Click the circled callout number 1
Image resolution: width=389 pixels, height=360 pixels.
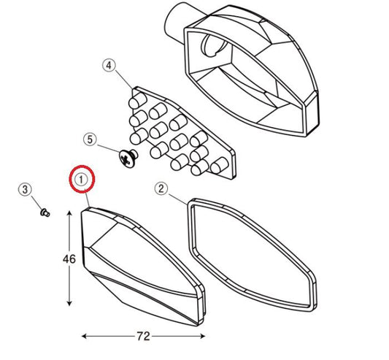pyautogui.click(x=81, y=180)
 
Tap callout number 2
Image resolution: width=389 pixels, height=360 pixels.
pyautogui.click(x=161, y=188)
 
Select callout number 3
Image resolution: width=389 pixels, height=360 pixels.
pyautogui.click(x=25, y=190)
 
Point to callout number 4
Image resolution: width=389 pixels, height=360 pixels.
pyautogui.click(x=109, y=66)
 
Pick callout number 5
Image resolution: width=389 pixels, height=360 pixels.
pyautogui.click(x=90, y=139)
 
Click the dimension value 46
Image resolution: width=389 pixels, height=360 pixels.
pyautogui.click(x=69, y=259)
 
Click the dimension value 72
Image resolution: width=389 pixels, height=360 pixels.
pyautogui.click(x=143, y=337)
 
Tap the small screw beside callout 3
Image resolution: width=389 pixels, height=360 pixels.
pyautogui.click(x=45, y=212)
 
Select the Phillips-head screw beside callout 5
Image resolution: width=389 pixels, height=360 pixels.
pyautogui.click(x=128, y=158)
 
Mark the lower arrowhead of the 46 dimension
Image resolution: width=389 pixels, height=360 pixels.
pyautogui.click(x=69, y=302)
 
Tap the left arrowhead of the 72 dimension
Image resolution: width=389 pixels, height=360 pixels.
pyautogui.click(x=85, y=337)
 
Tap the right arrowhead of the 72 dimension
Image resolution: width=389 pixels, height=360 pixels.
pyautogui.click(x=202, y=337)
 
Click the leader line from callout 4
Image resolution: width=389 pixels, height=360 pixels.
pyautogui.click(x=123, y=80)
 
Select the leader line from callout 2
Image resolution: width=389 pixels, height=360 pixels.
pyautogui.click(x=178, y=199)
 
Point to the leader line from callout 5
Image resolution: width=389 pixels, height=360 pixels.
pyautogui.click(x=109, y=148)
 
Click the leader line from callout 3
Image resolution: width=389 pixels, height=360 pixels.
pyautogui.click(x=36, y=203)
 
